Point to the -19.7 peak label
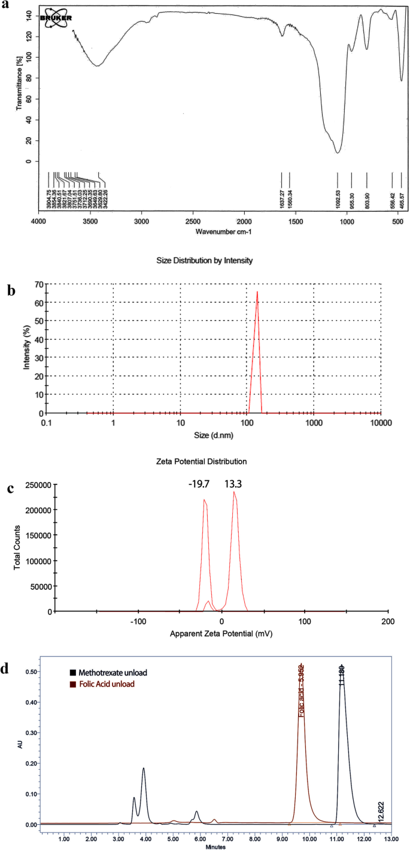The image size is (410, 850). click(x=199, y=483)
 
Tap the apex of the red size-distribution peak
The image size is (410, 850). click(x=257, y=292)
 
